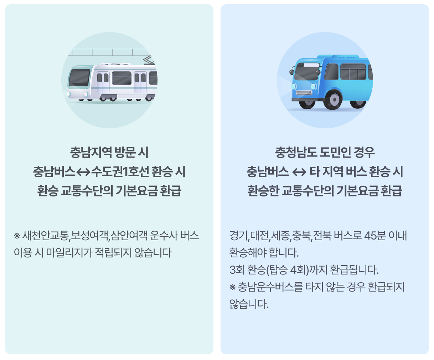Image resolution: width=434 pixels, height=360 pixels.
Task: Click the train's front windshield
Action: pos(79,78)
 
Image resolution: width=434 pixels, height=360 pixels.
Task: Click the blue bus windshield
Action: pos(307,71)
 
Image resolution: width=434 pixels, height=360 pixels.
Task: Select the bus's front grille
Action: pos(304,93)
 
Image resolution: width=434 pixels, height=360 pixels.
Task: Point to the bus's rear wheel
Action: pos(358,101)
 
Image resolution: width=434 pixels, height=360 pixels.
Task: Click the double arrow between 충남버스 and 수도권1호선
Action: pos(83,172)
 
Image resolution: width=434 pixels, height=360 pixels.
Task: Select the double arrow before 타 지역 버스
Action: pos(299,172)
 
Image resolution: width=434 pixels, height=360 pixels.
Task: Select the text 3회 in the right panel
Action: pos(237,270)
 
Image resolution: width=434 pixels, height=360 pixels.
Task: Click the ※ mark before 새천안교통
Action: pos(17,236)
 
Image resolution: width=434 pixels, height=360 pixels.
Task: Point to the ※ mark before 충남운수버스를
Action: pos(232,287)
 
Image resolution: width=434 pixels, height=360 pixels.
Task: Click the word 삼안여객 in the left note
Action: pos(129,236)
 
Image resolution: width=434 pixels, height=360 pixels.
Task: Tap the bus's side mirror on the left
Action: pos(291,71)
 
